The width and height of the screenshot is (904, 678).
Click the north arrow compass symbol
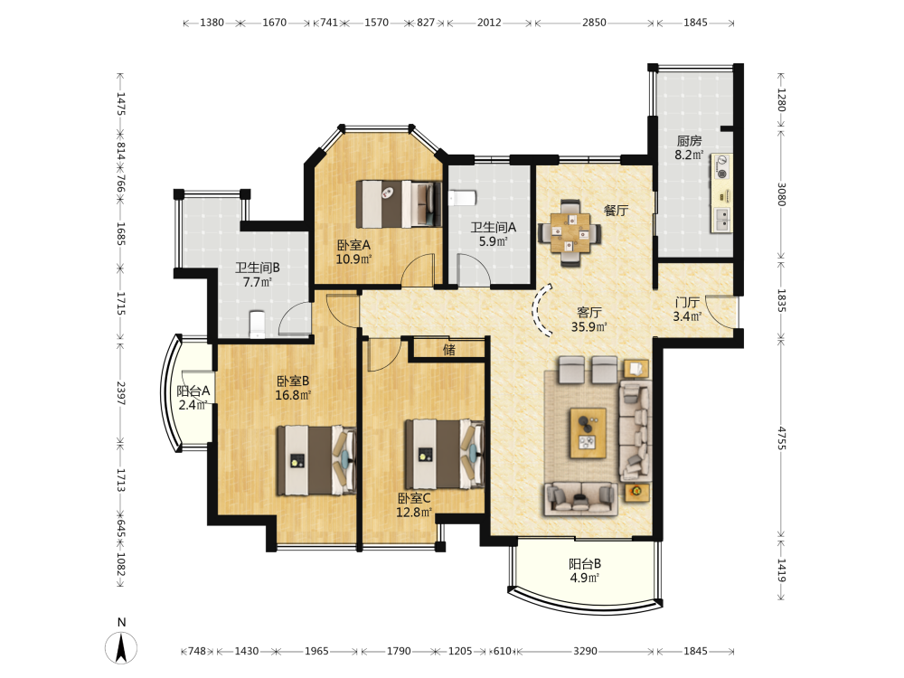coord(121,647)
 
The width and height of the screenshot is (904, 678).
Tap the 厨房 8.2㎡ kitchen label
coord(689,147)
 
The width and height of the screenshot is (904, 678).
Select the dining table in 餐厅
coord(570,233)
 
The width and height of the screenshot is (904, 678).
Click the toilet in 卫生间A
coord(461,198)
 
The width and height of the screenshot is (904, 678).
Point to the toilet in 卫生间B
coord(257,324)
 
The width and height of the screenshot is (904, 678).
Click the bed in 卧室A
coord(399,204)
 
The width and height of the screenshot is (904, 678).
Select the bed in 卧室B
coord(315,460)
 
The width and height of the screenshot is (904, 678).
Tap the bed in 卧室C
coord(444,454)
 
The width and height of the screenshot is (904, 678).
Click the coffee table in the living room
coord(589,433)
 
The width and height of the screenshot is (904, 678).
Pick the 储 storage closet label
coord(449,349)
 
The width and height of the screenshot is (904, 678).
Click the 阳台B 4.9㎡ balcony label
coord(585,570)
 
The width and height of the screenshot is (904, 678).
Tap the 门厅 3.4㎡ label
coord(687,309)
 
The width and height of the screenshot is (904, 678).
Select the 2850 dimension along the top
coord(594,23)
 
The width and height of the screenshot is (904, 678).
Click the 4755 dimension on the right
coord(781,438)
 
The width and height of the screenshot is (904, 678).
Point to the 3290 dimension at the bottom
coord(585,651)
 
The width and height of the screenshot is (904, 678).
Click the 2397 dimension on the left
coord(120,393)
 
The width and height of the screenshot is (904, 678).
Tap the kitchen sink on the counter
coord(721,220)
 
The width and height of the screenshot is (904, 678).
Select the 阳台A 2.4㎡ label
coord(193,398)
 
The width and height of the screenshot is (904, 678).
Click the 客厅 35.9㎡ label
coord(589,319)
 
